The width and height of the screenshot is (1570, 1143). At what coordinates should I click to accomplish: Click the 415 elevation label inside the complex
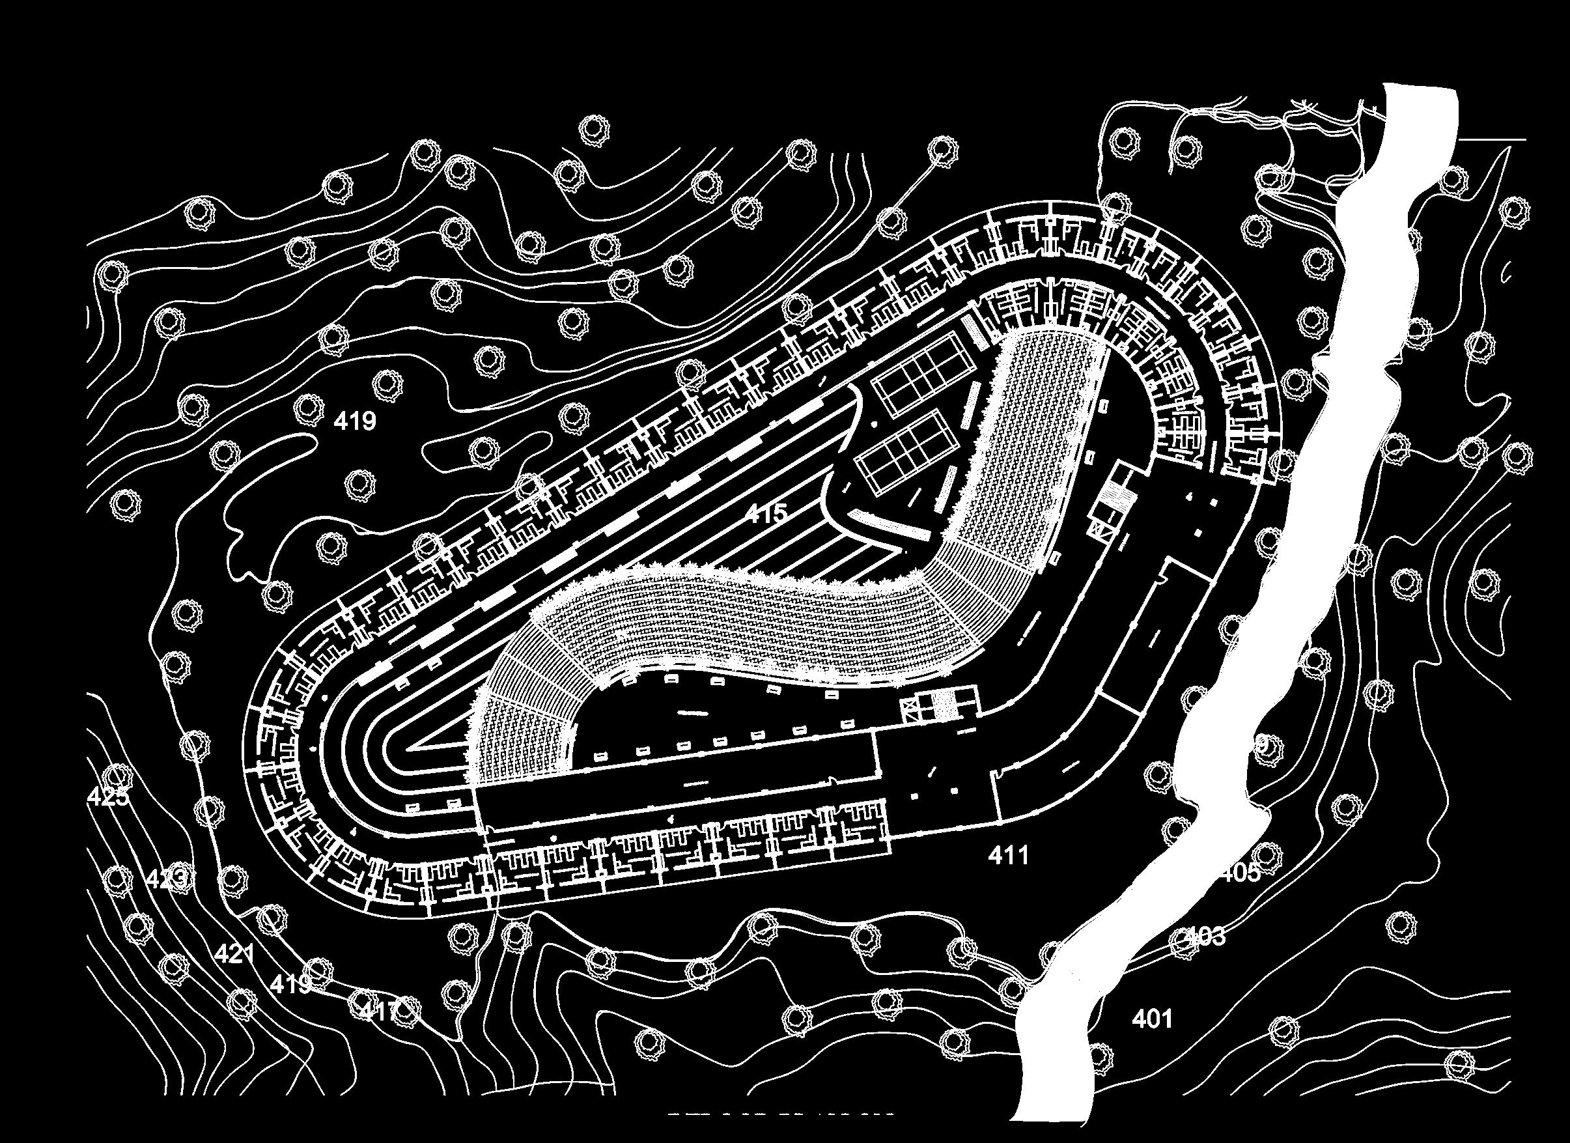[767, 513]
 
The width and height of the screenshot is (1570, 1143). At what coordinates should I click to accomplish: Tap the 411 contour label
[1009, 856]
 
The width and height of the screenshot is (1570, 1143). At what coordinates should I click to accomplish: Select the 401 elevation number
[1153, 1019]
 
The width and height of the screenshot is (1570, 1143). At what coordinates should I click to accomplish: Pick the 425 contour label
[108, 797]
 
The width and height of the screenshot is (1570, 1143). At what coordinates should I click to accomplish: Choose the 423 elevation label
[167, 879]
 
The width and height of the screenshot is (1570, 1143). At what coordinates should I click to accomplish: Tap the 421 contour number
[234, 954]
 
